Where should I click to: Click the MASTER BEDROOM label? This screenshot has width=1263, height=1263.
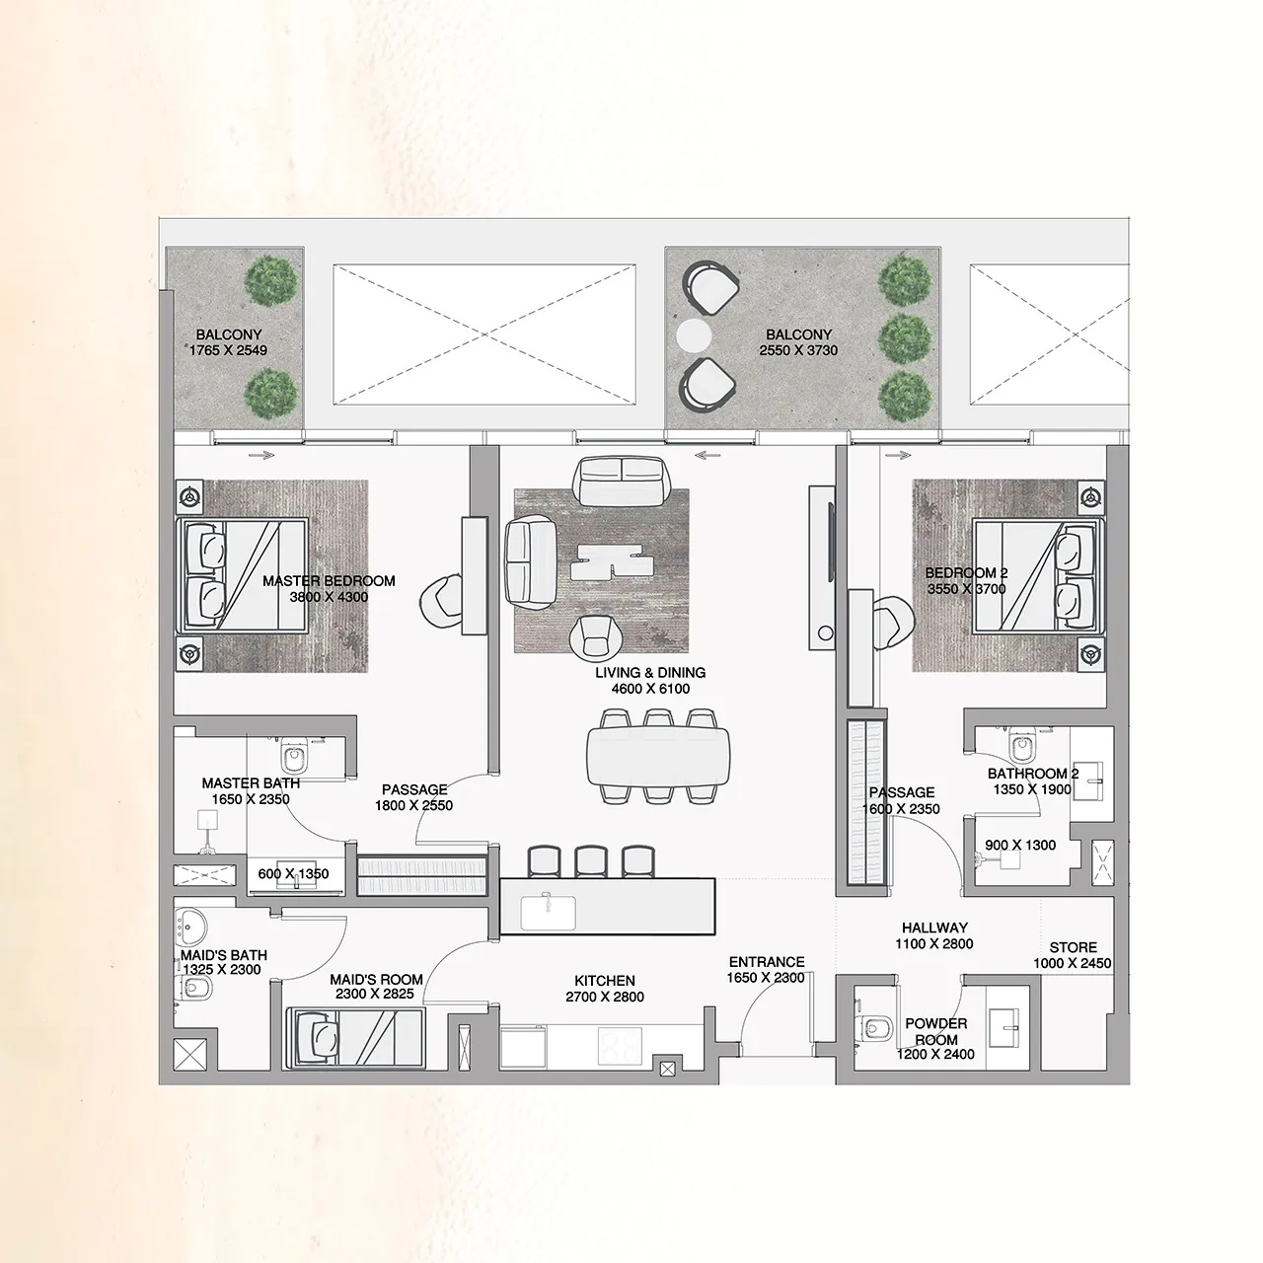(x=329, y=581)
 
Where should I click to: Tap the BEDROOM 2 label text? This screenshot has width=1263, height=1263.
(x=966, y=573)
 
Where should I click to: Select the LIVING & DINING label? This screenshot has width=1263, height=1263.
(x=649, y=673)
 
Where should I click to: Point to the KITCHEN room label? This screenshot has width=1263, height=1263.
(x=605, y=981)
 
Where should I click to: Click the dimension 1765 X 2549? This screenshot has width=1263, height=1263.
(x=228, y=350)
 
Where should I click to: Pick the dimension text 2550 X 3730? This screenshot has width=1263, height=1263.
(x=798, y=350)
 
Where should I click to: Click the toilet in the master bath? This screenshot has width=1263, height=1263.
(x=293, y=758)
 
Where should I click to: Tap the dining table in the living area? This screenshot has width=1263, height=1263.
(x=659, y=757)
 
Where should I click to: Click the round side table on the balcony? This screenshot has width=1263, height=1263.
(x=693, y=335)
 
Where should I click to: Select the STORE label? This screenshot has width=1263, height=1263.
(x=1073, y=947)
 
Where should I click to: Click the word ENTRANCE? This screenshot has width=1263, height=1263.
(x=767, y=962)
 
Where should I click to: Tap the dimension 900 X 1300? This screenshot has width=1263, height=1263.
(x=1021, y=846)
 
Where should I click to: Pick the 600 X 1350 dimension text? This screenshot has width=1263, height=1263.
(x=293, y=874)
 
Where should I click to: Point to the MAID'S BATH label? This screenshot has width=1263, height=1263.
(x=223, y=955)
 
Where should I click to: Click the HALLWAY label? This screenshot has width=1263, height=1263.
(x=934, y=928)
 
